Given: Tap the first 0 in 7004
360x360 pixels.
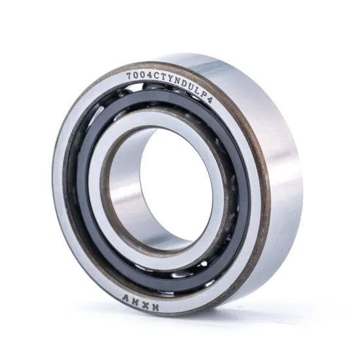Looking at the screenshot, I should pyautogui.click(x=135, y=74).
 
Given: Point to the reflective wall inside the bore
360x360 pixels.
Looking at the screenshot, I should pyautogui.click(x=131, y=196).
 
